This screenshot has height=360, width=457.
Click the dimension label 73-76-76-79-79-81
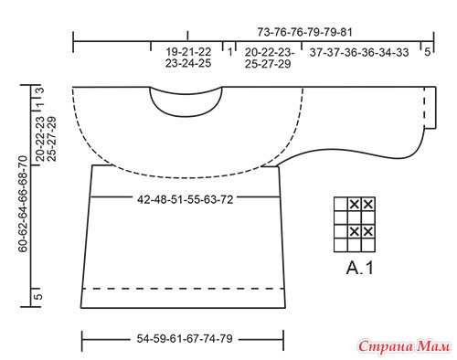click(x=304, y=32)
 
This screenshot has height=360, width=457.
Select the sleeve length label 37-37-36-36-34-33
click(x=359, y=52)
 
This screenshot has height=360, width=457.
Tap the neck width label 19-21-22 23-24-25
click(x=188, y=58)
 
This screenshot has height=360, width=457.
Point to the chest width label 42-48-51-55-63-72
click(x=186, y=200)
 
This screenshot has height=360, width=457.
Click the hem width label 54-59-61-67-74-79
click(x=185, y=339)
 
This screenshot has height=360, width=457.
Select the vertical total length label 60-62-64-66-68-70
click(x=23, y=204)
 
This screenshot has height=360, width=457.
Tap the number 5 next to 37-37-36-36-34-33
click(x=428, y=52)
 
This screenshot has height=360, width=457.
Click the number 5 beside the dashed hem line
click(x=39, y=297)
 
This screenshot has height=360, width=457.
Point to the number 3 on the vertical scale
click(x=40, y=90)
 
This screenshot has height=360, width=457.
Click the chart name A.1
click(x=360, y=268)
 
